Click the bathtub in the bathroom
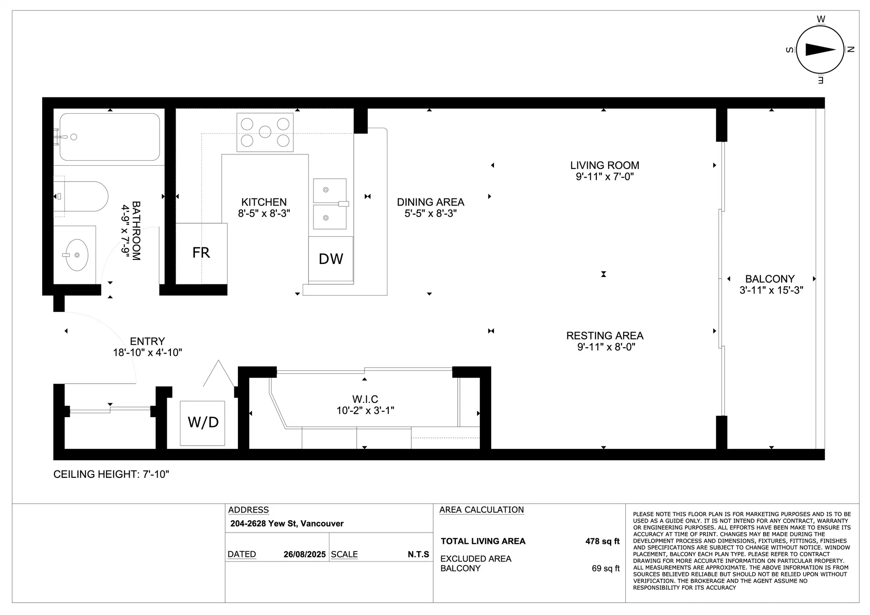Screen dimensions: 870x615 110,137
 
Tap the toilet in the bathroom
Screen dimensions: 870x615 81,197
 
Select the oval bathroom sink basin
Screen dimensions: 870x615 77,255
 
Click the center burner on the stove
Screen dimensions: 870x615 265,132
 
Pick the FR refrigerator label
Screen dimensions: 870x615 201,253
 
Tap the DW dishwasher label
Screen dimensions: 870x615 331,259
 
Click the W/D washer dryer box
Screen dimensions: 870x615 203,423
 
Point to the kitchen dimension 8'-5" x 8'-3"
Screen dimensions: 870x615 264,213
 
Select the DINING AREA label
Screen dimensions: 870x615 430,202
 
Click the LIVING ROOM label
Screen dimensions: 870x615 604,165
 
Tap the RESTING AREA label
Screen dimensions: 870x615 605,336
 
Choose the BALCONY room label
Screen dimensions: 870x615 770,279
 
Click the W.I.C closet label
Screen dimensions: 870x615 365,399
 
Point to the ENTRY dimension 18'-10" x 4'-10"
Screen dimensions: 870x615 147,352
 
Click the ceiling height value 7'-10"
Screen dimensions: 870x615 155,474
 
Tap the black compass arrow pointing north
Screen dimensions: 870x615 820,50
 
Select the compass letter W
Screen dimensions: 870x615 821,19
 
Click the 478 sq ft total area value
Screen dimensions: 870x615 602,541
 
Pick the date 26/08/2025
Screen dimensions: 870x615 304,554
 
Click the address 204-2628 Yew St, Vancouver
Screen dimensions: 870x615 287,524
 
